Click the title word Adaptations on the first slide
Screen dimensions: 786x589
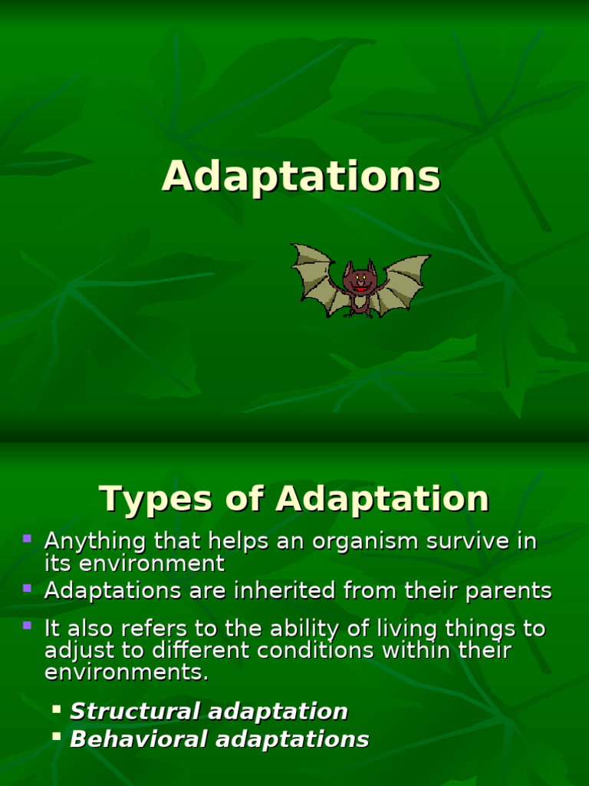pyautogui.click(x=301, y=177)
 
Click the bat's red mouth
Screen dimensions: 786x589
pyautogui.click(x=360, y=289)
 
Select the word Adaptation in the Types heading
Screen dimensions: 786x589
pyautogui.click(x=382, y=499)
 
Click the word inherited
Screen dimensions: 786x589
pyautogui.click(x=280, y=591)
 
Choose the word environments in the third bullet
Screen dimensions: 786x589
pyautogui.click(x=126, y=672)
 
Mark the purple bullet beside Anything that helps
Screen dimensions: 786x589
pyautogui.click(x=28, y=539)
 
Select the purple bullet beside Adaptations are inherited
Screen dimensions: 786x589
pyautogui.click(x=28, y=589)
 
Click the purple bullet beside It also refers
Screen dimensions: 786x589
pyautogui.click(x=28, y=626)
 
